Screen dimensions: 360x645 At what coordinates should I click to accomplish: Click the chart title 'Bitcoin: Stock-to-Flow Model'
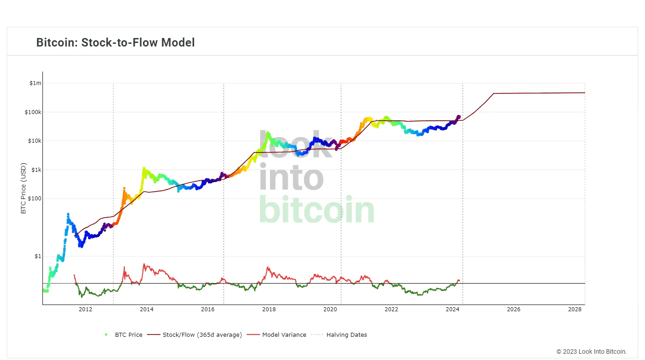(115, 42)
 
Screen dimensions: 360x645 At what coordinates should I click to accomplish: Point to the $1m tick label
(35, 83)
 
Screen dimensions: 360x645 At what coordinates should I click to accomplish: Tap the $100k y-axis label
(33, 112)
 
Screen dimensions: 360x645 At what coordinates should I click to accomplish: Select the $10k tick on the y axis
(34, 141)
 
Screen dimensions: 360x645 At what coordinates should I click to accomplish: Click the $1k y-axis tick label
(35, 170)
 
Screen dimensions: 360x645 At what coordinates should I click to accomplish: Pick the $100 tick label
(34, 199)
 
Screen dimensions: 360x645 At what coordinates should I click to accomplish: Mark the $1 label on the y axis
(38, 256)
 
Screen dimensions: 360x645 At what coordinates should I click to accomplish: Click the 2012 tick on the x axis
(85, 309)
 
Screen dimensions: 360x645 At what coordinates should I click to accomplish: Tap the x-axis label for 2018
(269, 309)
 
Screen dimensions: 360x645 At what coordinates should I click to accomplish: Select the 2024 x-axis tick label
(452, 309)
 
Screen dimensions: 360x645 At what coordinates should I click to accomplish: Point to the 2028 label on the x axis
(575, 309)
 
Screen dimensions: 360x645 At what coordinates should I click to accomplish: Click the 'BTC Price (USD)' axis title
(24, 188)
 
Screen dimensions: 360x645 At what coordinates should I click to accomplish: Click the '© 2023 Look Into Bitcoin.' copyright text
(591, 352)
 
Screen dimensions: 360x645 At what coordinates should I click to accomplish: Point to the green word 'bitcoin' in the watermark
(316, 210)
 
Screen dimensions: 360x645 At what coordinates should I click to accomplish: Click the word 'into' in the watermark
(291, 178)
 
